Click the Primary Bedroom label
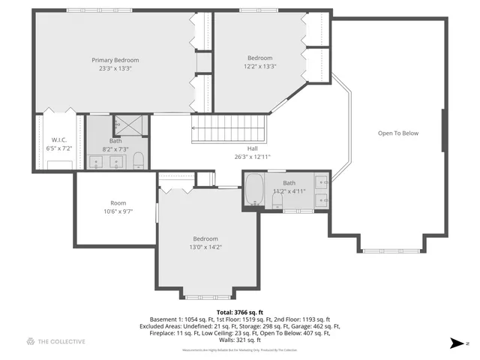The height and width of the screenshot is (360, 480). pyautogui.click(x=115, y=60)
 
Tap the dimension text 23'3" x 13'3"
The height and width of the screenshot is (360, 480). pyautogui.click(x=115, y=68)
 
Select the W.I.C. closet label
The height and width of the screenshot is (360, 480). pyautogui.click(x=59, y=140)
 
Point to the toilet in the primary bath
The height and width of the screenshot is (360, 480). pyautogui.click(x=138, y=160)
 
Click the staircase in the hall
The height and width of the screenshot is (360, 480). pyautogui.click(x=229, y=128)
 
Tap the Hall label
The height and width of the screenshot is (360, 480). pyautogui.click(x=252, y=148)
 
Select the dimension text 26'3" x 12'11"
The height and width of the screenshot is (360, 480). pyautogui.click(x=252, y=157)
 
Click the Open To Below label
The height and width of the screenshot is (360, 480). pyautogui.click(x=397, y=133)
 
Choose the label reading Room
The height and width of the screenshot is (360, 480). pyautogui.click(x=118, y=203)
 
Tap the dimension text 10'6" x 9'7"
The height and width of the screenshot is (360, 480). pyautogui.click(x=118, y=211)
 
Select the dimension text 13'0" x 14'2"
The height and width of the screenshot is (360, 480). pyautogui.click(x=205, y=247)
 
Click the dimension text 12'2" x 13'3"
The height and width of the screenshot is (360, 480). pyautogui.click(x=260, y=66)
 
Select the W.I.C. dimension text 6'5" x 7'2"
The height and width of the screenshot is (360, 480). pyautogui.click(x=59, y=148)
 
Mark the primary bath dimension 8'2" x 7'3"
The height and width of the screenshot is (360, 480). pyautogui.click(x=115, y=148)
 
